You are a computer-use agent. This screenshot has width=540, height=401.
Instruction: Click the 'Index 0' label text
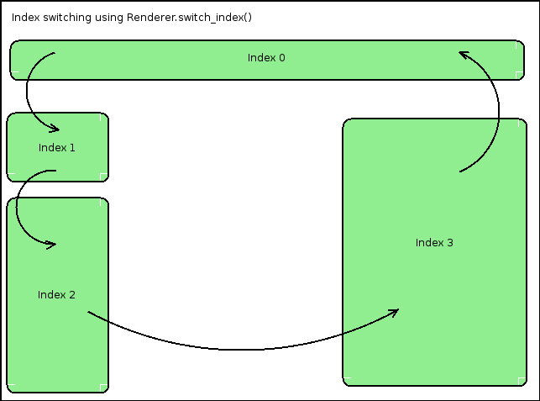pyautogui.click(x=266, y=57)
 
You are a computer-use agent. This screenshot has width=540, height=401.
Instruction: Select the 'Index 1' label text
pyautogui.click(x=57, y=148)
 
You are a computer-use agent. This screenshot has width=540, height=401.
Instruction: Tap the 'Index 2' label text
pyautogui.click(x=56, y=295)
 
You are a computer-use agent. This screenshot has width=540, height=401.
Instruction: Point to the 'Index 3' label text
pyautogui.click(x=434, y=243)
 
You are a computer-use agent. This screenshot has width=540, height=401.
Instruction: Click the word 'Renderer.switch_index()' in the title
pyautogui.click(x=190, y=18)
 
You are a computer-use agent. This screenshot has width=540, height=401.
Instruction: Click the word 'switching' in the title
pyautogui.click(x=67, y=18)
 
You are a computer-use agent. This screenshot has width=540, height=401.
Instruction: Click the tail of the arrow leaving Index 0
pyautogui.click(x=55, y=53)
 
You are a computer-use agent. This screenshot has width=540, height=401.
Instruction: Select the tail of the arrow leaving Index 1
pyautogui.click(x=55, y=171)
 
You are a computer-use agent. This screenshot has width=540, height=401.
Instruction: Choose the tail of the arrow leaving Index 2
pyautogui.click(x=88, y=312)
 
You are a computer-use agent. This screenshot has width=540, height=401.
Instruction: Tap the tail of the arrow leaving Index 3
pyautogui.click(x=460, y=171)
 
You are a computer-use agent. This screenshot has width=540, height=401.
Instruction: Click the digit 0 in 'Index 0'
pyautogui.click(x=282, y=57)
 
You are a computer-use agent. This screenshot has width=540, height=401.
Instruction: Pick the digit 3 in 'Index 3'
pyautogui.click(x=450, y=243)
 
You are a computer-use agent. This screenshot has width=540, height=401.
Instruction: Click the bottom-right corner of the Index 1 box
pyautogui.click(x=108, y=181)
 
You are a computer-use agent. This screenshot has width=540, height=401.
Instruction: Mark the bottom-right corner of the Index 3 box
pyautogui.click(x=527, y=386)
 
